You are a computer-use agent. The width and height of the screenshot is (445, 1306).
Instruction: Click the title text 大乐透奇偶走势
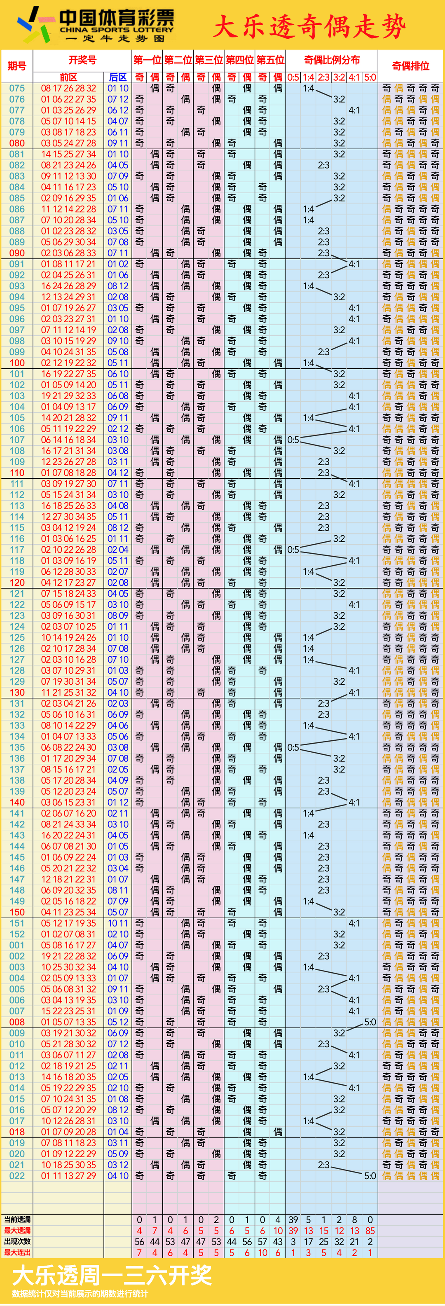click(309, 26)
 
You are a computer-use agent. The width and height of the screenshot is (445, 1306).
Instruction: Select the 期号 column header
click(17, 66)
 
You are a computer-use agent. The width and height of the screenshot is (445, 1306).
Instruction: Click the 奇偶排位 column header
click(410, 66)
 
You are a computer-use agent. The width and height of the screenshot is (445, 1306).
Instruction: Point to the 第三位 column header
click(209, 60)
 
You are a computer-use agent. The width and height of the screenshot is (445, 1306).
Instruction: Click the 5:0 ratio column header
click(370, 77)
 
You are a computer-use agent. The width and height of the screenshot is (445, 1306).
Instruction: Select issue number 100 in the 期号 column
click(17, 363)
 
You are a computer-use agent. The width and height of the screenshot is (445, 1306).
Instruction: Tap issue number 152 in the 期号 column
click(17, 934)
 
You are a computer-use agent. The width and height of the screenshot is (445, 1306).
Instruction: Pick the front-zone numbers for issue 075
click(68, 88)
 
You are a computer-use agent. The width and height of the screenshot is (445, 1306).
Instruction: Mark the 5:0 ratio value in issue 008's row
click(370, 1022)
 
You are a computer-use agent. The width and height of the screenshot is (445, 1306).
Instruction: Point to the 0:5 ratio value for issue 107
click(293, 440)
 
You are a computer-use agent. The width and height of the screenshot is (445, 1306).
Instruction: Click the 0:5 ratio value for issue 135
click(293, 747)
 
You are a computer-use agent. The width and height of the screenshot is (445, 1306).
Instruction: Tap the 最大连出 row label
click(17, 1252)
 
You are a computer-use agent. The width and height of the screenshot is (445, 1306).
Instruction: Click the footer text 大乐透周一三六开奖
click(112, 1275)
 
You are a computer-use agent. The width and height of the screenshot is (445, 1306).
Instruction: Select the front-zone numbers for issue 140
click(68, 802)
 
